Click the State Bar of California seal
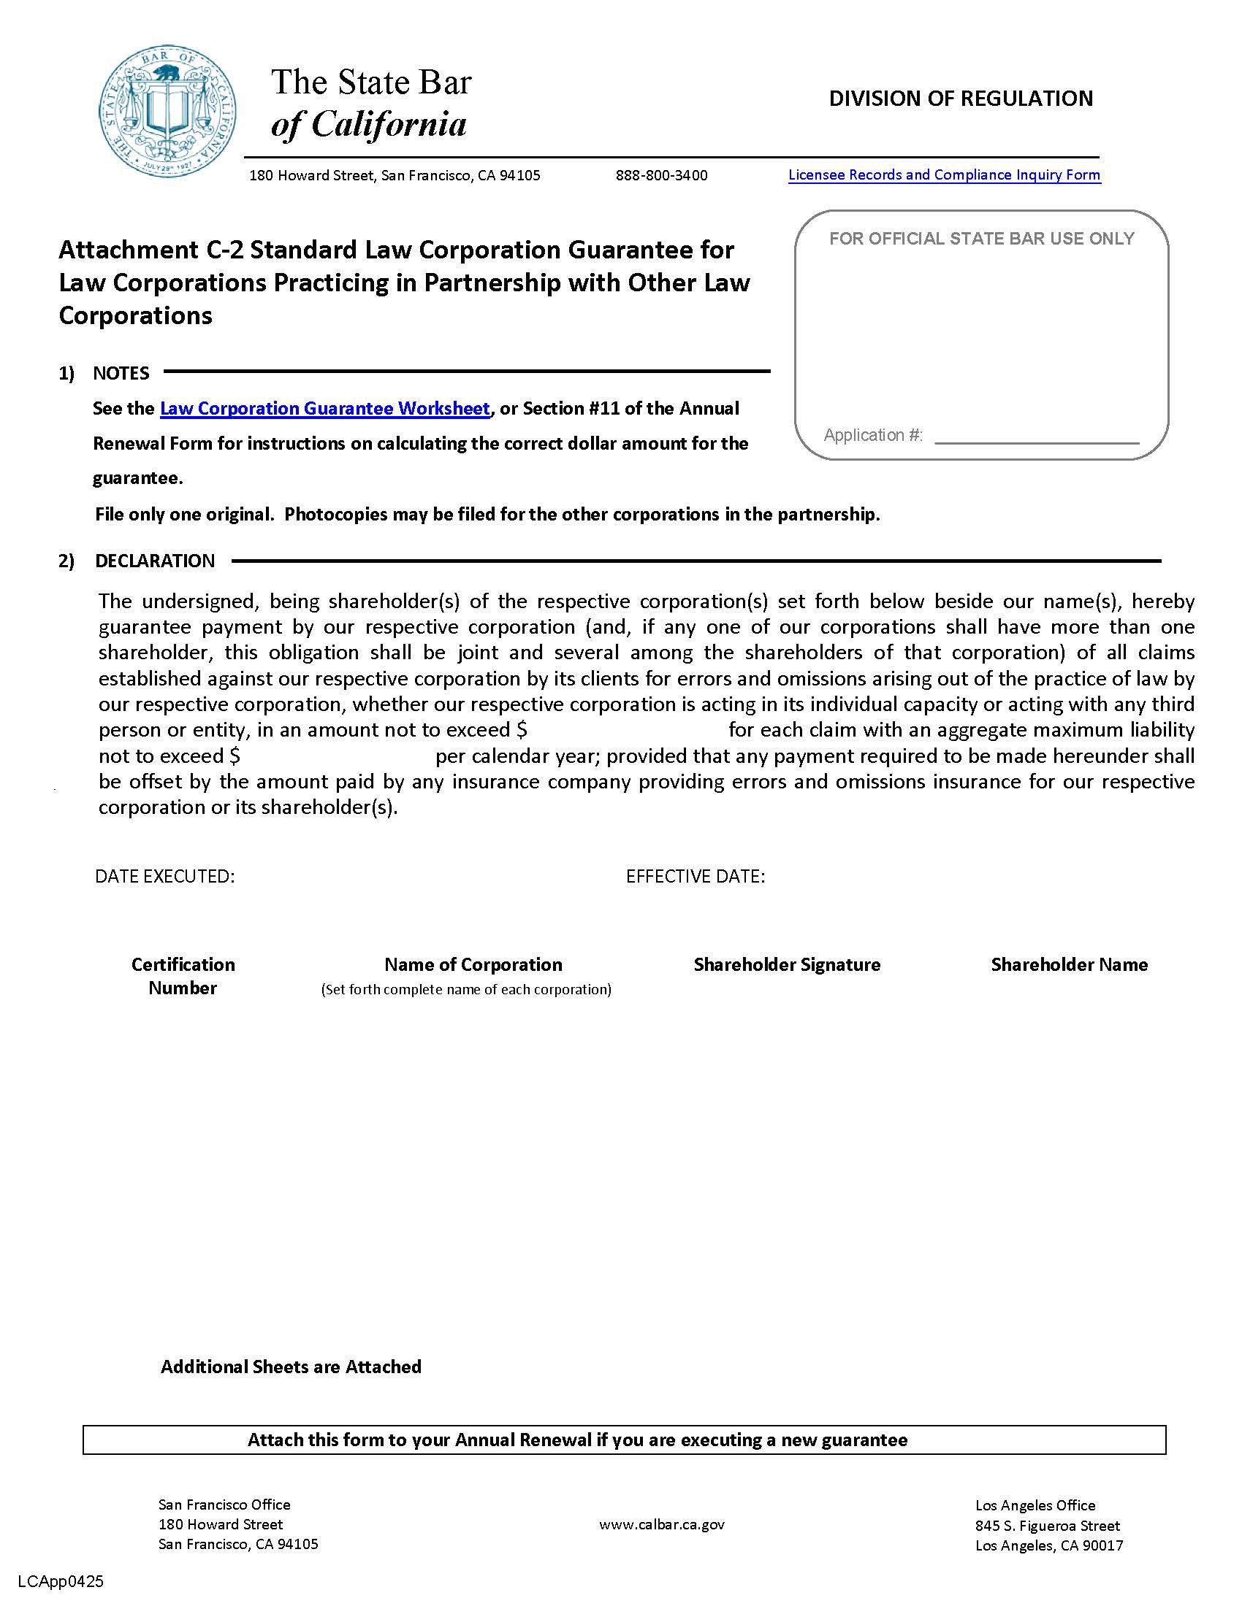[168, 110]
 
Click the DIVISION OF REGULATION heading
[960, 99]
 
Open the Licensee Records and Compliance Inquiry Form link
[944, 175]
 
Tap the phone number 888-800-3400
[661, 176]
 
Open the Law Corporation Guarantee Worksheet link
[324, 409]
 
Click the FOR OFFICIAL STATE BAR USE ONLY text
[981, 239]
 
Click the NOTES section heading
[121, 374]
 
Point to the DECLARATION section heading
[154, 561]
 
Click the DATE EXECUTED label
[165, 877]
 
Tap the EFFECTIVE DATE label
[696, 877]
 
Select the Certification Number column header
[183, 976]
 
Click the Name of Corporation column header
[473, 965]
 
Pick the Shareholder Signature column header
[787, 965]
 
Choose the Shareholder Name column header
[1068, 965]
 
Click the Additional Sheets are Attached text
[291, 1367]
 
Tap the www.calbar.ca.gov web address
[661, 1524]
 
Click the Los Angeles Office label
[1035, 1505]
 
